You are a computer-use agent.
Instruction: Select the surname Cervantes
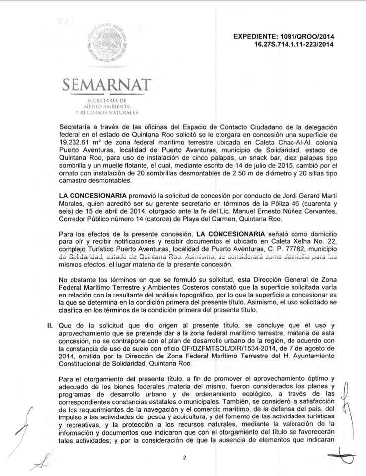(x=306, y=213)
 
